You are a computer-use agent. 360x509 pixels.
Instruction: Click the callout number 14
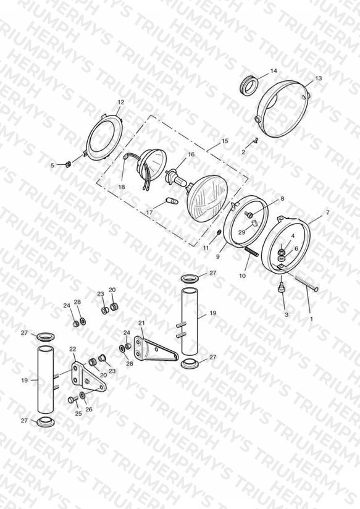(x=274, y=71)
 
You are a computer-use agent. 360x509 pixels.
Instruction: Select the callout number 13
(x=318, y=78)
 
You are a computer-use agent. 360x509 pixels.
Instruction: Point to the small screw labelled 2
(x=255, y=141)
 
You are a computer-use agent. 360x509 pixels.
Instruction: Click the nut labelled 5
(x=68, y=164)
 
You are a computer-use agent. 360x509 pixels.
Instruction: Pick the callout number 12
(x=121, y=102)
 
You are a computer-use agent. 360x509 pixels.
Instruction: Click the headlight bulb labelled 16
(x=177, y=179)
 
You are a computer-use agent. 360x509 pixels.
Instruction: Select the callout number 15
(x=225, y=141)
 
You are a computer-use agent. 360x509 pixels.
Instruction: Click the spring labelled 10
(x=251, y=251)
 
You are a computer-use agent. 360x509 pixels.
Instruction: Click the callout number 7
(x=327, y=212)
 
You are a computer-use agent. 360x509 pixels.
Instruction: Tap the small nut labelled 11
(x=219, y=232)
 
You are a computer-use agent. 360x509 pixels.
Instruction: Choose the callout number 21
(x=141, y=323)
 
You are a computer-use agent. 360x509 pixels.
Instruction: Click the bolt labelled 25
(x=72, y=400)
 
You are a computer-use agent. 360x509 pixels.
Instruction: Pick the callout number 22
(x=73, y=349)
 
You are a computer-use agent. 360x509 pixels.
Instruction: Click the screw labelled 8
(x=250, y=214)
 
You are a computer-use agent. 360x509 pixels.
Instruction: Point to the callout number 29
(x=242, y=232)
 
